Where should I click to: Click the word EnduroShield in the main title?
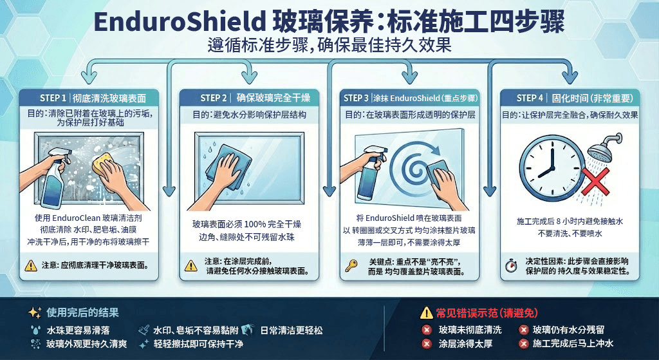(x=180, y=22)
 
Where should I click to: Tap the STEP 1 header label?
(x=53, y=98)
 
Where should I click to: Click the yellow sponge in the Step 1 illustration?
(x=103, y=164)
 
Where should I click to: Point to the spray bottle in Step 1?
(x=53, y=181)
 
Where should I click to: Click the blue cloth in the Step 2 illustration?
(x=228, y=166)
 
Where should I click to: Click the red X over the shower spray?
(x=595, y=181)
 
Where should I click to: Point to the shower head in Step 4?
(x=604, y=146)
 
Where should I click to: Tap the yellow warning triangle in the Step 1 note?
(x=31, y=265)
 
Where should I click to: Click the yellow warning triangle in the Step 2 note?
(x=190, y=265)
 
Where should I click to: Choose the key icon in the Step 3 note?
(x=351, y=265)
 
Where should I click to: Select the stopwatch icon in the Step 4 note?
(x=511, y=266)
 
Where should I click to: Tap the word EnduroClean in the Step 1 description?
(x=77, y=218)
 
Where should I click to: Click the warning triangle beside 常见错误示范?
(x=426, y=312)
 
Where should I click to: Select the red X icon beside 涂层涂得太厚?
(x=427, y=344)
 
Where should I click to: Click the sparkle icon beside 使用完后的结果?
(x=35, y=312)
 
